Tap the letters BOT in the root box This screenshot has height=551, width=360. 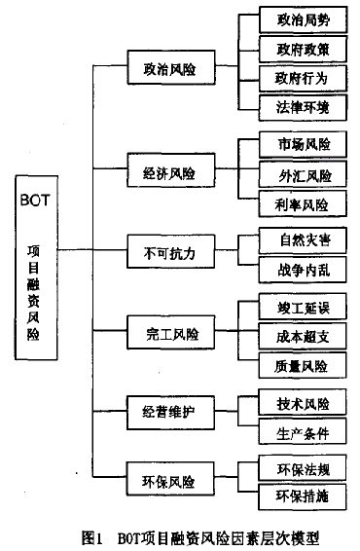coord(38,202)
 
